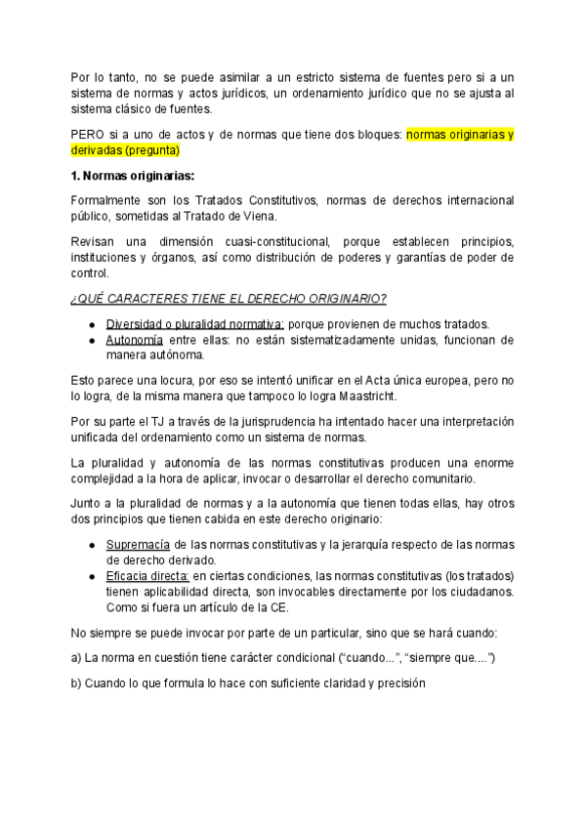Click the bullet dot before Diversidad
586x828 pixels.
click(91, 324)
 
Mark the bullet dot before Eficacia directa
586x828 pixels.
click(91, 578)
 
